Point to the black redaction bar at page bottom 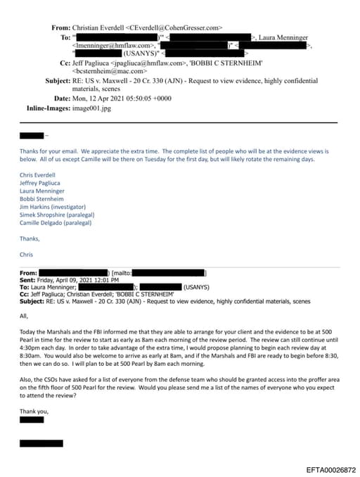(41, 443)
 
